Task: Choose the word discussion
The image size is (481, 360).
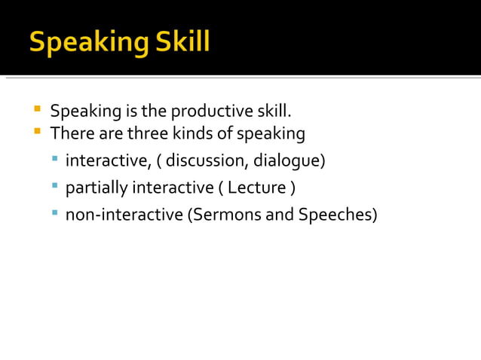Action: [207, 160]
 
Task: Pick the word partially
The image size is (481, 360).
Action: [97, 188]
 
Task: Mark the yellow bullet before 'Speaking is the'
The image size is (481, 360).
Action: [36, 111]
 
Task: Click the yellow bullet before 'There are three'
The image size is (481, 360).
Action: [36, 133]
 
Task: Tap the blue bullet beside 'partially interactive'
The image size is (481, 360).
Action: [55, 185]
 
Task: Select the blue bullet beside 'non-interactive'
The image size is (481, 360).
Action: [55, 213]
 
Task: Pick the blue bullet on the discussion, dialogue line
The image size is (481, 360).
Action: [55, 159]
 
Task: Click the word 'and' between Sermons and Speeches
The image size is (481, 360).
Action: [280, 215]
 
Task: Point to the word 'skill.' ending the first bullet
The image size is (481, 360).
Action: [273, 112]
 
